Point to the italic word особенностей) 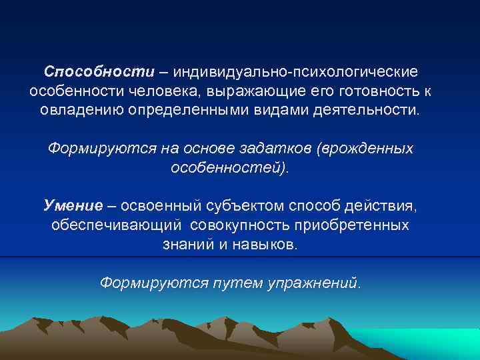point(231,167)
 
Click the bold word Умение point(73,205)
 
